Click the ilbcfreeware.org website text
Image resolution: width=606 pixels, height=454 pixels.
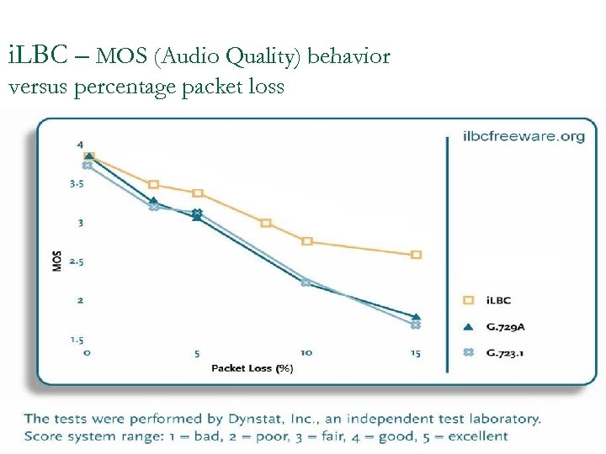(x=524, y=137)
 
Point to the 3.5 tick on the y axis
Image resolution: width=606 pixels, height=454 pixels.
(x=76, y=183)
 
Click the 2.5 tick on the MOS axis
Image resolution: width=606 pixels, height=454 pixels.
(x=76, y=261)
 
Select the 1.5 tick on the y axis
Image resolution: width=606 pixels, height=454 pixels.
(x=76, y=340)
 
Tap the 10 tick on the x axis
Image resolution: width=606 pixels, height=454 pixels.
(x=306, y=353)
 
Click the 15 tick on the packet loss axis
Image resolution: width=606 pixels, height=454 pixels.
(x=416, y=353)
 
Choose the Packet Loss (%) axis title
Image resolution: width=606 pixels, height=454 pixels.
(x=252, y=367)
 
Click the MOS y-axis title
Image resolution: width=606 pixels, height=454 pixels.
(x=57, y=261)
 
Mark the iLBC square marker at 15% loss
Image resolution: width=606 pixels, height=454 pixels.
(x=416, y=255)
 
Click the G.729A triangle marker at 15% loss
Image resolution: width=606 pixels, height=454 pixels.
(x=416, y=316)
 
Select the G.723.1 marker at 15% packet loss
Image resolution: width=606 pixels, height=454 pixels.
(x=416, y=325)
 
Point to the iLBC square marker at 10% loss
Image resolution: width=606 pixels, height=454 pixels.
(x=306, y=241)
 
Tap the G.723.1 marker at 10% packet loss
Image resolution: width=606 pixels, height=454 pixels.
(x=306, y=282)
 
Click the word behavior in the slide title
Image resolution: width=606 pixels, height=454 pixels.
(x=348, y=57)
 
